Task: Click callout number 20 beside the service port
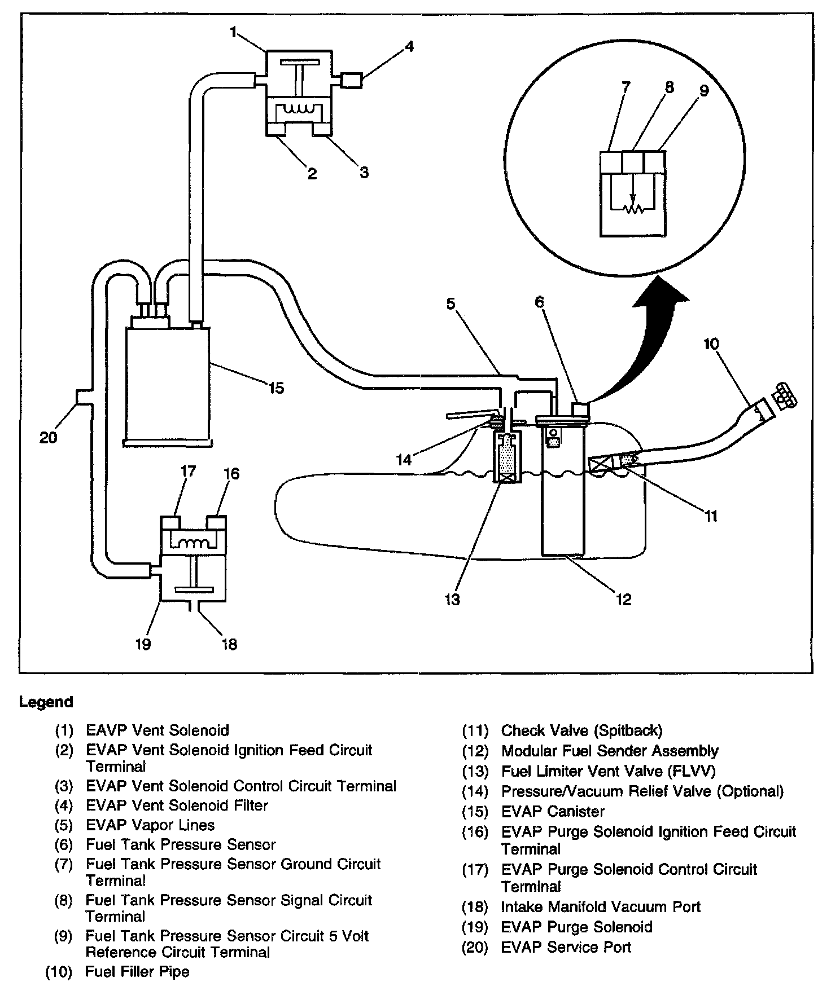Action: [49, 437]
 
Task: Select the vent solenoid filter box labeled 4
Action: [352, 80]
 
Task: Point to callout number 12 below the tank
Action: [623, 599]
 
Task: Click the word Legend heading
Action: [46, 702]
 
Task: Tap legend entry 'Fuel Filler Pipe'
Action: [137, 972]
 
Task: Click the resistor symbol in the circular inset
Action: [633, 209]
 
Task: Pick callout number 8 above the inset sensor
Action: [669, 87]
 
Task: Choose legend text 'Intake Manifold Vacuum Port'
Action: [600, 907]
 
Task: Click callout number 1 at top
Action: [233, 32]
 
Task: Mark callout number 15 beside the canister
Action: [276, 388]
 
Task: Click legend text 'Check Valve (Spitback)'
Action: [581, 731]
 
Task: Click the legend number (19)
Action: [475, 927]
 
